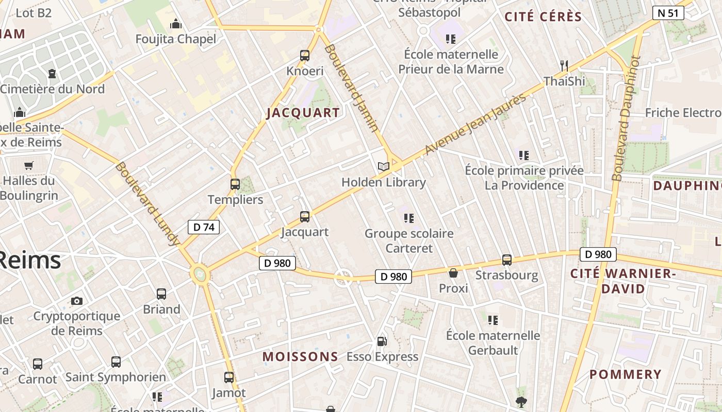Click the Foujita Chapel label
tap(176, 39)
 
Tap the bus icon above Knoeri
tap(305, 56)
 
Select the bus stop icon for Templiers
tap(235, 184)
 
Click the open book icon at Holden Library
tap(383, 166)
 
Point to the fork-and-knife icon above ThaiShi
tap(564, 65)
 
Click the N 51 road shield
tap(668, 13)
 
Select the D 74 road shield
tap(204, 227)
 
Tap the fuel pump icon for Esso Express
tap(382, 341)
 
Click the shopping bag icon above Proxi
tap(453, 273)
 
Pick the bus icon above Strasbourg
tap(507, 260)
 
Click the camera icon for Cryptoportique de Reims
tap(77, 301)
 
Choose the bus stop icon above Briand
tap(161, 294)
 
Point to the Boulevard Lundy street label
tap(147, 203)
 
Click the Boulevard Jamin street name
tap(353, 88)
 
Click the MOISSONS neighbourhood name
tap(300, 356)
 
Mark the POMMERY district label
tap(625, 374)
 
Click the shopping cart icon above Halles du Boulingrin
tap(29, 166)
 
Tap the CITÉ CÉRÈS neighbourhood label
tap(543, 16)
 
